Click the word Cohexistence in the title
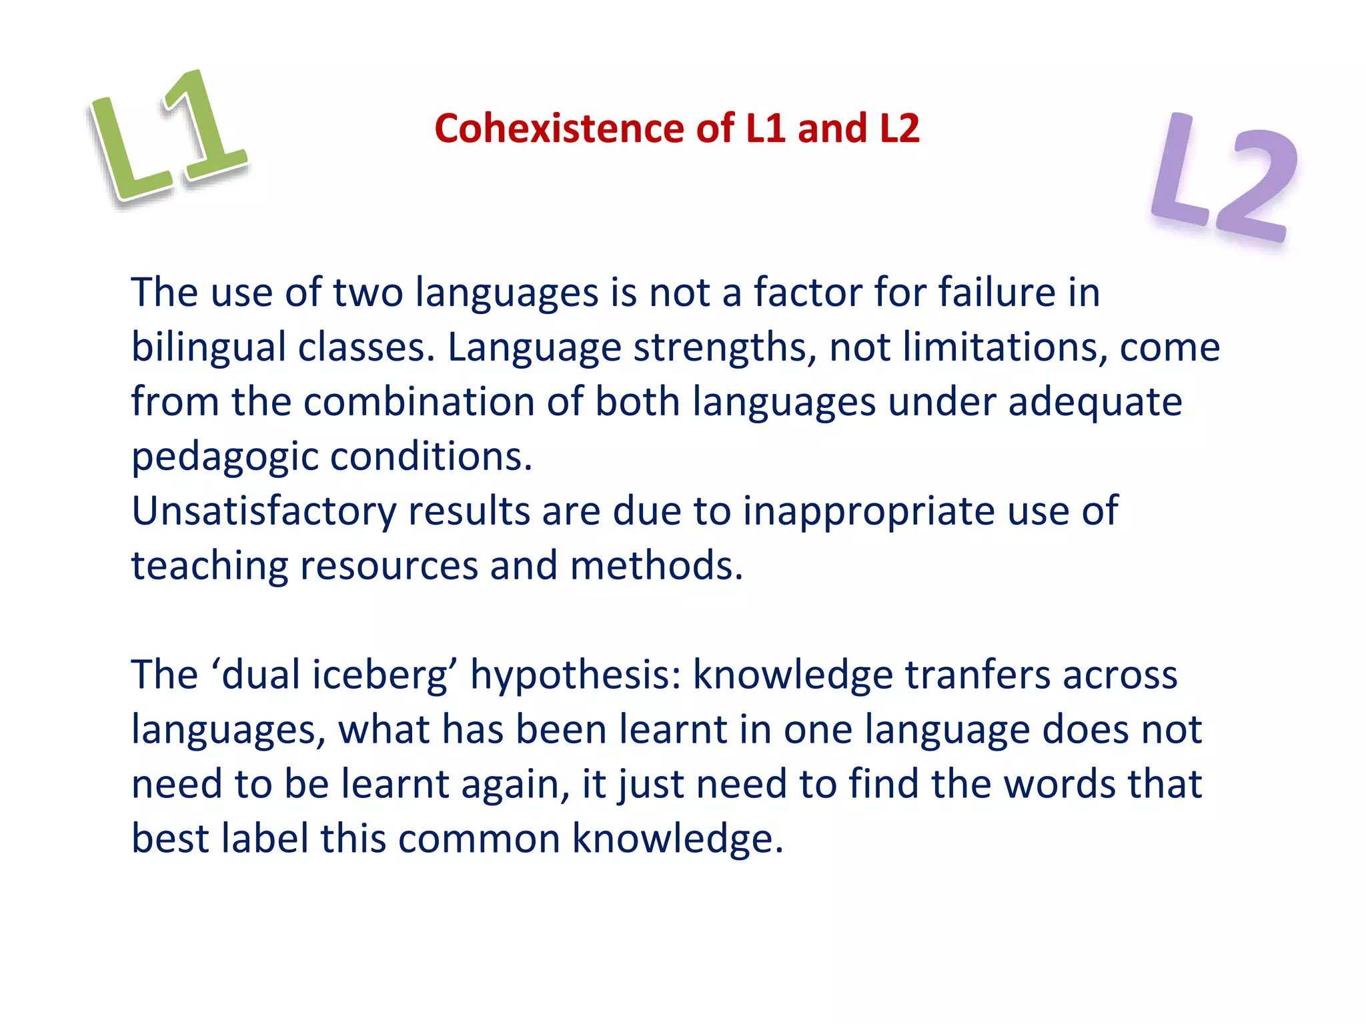pos(559,128)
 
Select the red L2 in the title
pos(899,128)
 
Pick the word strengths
pos(724,348)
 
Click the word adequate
pos(1095,402)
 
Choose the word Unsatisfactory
pos(263,512)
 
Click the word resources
pos(389,566)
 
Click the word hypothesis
pos(575,675)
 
